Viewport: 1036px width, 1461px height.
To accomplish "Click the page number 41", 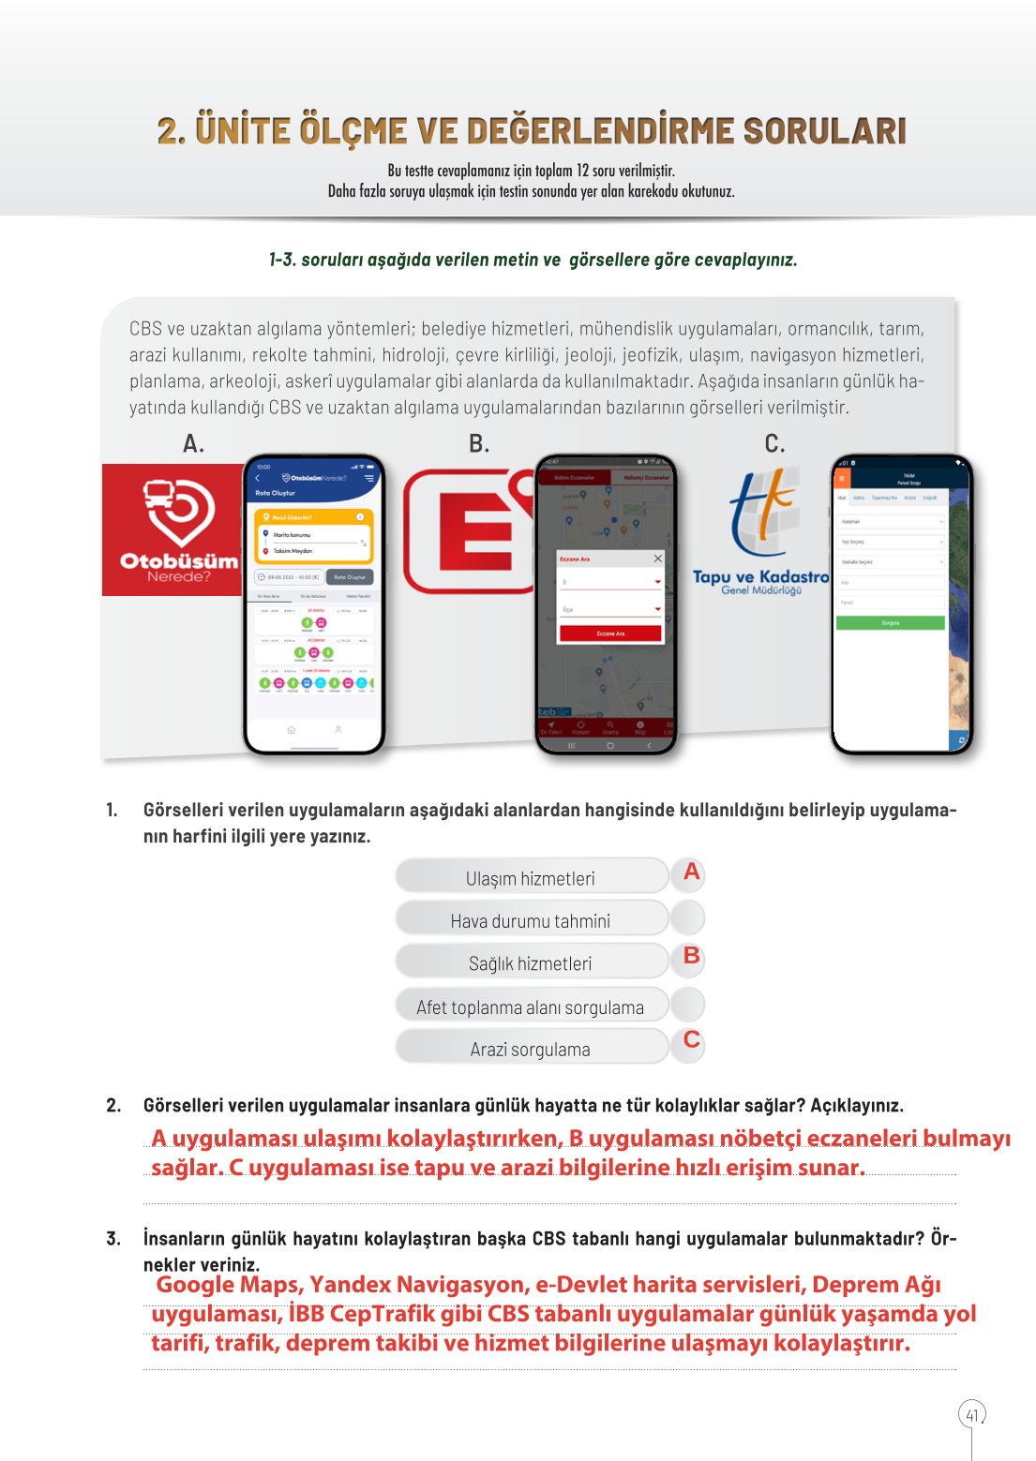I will (971, 1414).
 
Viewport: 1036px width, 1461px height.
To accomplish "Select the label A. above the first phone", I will (193, 444).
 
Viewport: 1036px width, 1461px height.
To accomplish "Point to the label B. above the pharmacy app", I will (479, 444).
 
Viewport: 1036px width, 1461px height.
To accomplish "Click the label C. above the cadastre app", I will (774, 444).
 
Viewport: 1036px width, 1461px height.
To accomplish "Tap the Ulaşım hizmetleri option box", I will (531, 877).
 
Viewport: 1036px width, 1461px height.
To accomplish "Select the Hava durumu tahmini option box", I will (531, 920).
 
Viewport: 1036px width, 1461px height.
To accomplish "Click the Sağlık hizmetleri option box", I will (531, 962).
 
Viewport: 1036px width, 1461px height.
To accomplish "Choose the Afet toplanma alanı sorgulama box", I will (531, 1006).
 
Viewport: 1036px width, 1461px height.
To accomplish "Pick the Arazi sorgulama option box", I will (531, 1049).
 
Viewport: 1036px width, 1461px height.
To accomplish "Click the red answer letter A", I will (691, 872).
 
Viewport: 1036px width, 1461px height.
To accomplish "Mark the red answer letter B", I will (691, 956).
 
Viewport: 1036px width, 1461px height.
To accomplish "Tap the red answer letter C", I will (691, 1039).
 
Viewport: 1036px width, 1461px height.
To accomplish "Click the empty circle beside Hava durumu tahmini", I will (688, 918).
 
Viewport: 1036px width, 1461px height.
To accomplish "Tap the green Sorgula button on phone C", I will (890, 622).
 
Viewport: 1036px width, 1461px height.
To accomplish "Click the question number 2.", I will (113, 1106).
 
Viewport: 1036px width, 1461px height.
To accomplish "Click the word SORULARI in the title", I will (825, 131).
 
